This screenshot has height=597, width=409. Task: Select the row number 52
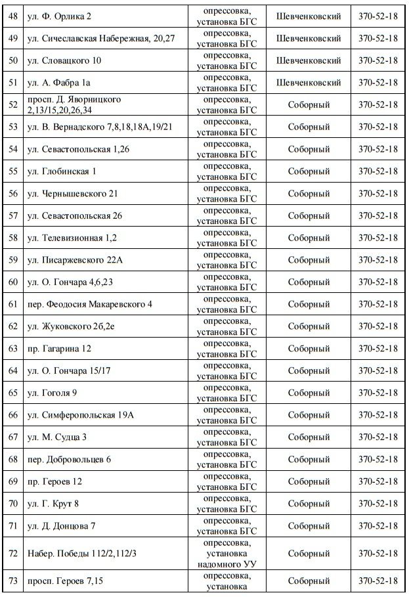[x=13, y=104]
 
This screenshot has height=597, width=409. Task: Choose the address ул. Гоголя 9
[x=56, y=393]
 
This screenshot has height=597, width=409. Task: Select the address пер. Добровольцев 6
[x=68, y=459]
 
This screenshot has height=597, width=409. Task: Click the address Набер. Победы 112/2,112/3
[x=81, y=554]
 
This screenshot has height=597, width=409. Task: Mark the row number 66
[x=13, y=415]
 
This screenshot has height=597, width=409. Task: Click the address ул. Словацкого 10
[x=64, y=60]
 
